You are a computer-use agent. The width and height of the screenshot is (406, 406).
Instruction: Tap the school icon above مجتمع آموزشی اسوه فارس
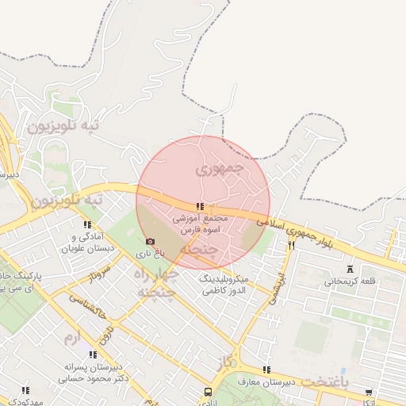point(199,206)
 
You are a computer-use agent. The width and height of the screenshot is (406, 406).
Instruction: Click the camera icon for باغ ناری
point(150,241)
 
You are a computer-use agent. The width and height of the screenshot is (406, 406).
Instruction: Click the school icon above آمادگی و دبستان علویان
point(87,224)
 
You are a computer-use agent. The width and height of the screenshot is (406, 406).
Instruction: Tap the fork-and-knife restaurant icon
point(292,246)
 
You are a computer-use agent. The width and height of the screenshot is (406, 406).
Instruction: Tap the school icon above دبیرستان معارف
point(266,370)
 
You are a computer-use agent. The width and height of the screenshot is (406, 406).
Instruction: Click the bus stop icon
point(209,392)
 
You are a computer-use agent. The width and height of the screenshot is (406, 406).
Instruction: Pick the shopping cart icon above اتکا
point(369,392)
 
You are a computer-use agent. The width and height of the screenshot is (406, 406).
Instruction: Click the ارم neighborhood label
point(73,339)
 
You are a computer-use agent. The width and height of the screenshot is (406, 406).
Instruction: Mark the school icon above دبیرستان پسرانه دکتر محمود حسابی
point(92,354)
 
